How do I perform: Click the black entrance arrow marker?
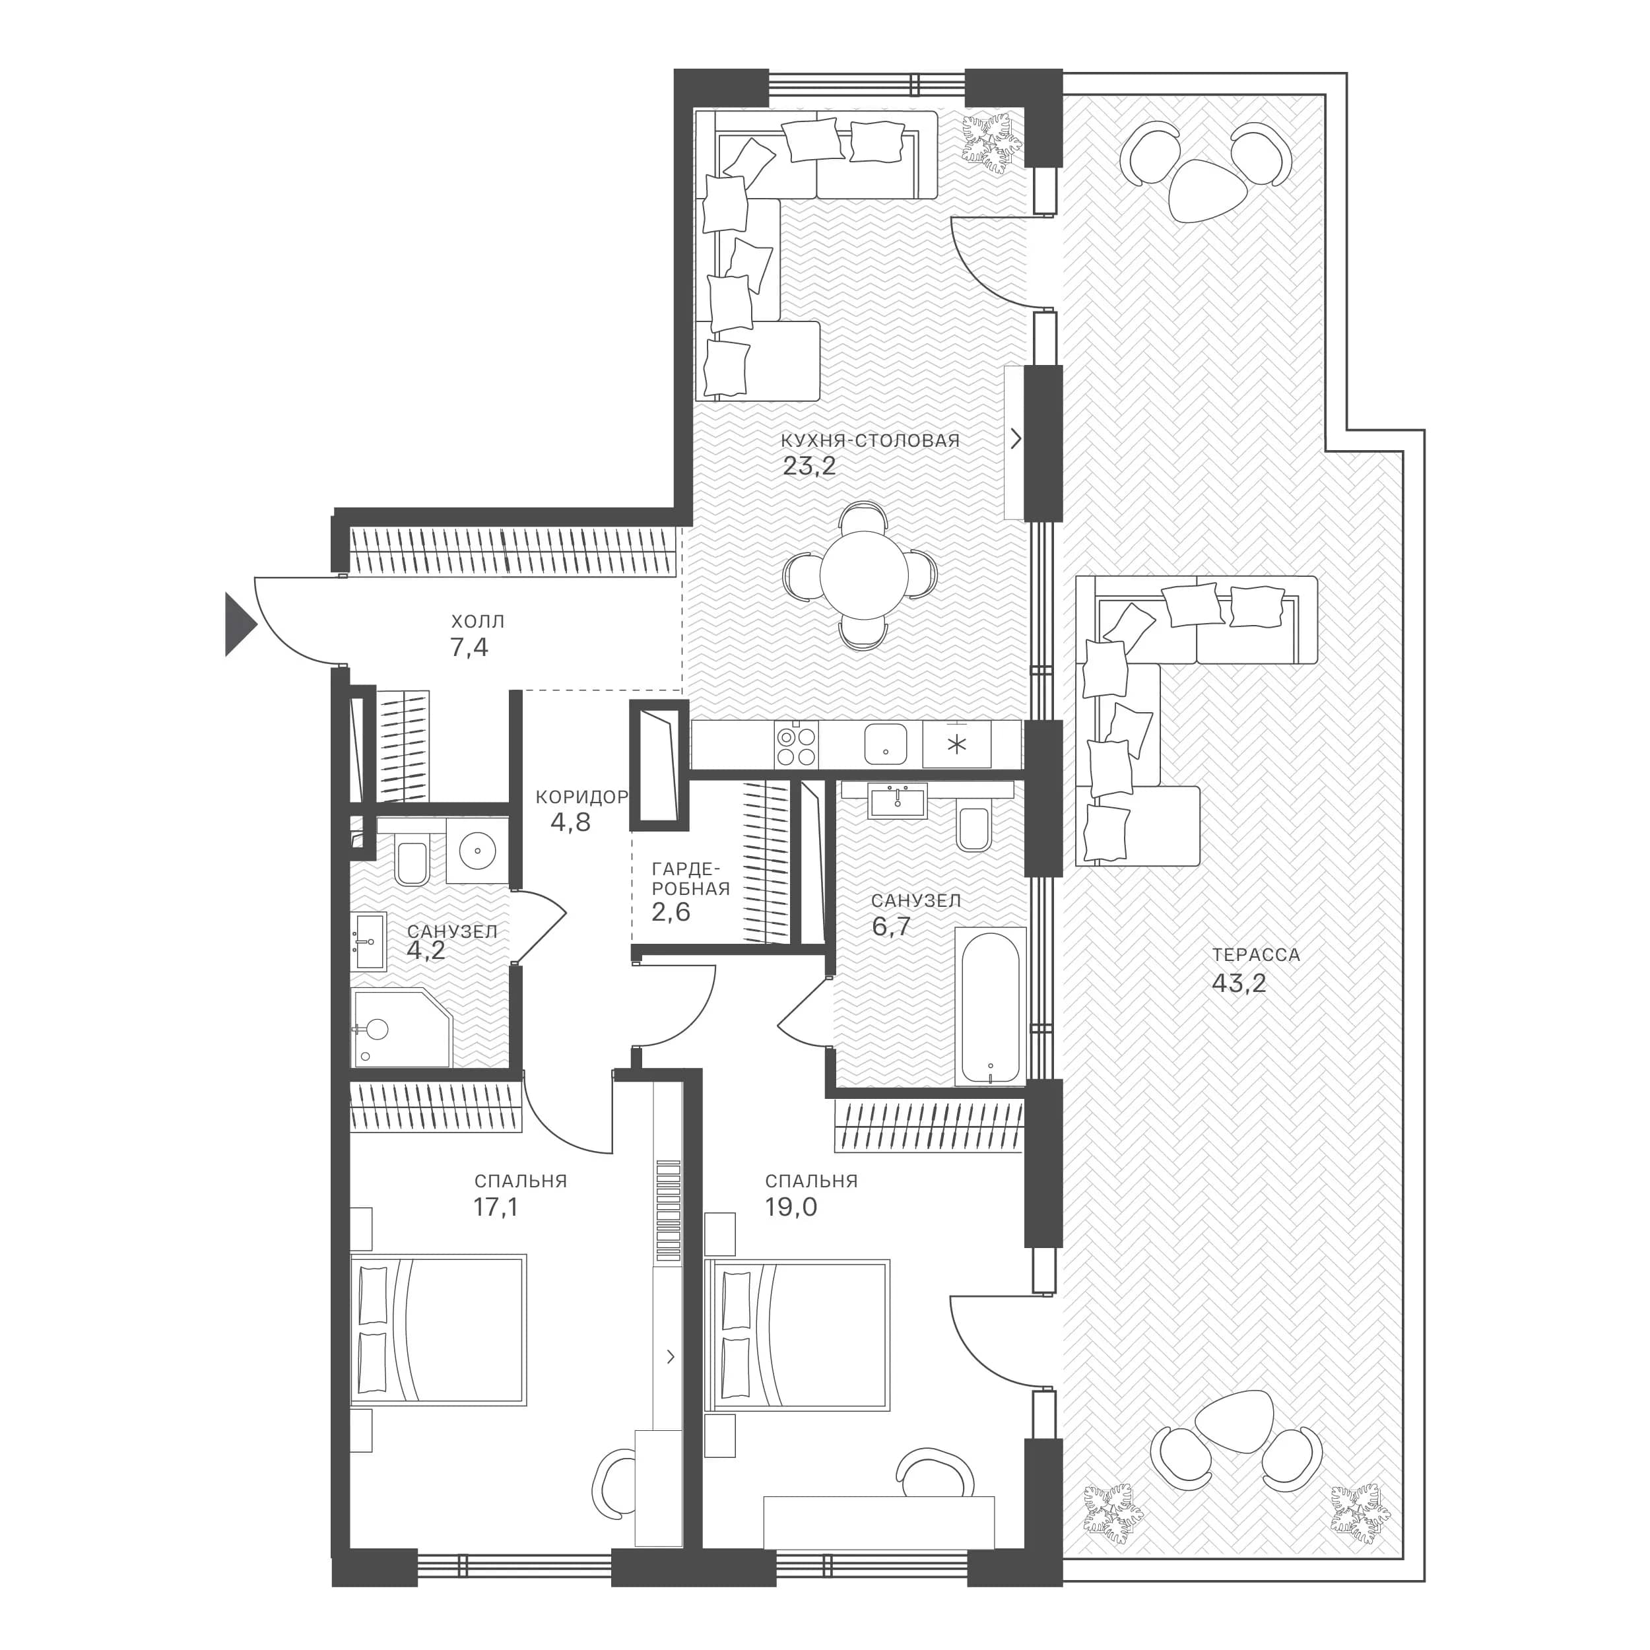click(238, 625)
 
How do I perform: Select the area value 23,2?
click(808, 467)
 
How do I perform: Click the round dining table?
click(863, 575)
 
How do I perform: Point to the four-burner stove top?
click(796, 744)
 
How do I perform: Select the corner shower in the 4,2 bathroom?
click(401, 1028)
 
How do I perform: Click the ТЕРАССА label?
click(1255, 955)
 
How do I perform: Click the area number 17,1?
click(496, 1206)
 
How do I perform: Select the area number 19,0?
click(791, 1206)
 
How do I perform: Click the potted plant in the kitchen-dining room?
click(991, 142)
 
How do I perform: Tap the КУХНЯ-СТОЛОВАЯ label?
click(871, 441)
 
